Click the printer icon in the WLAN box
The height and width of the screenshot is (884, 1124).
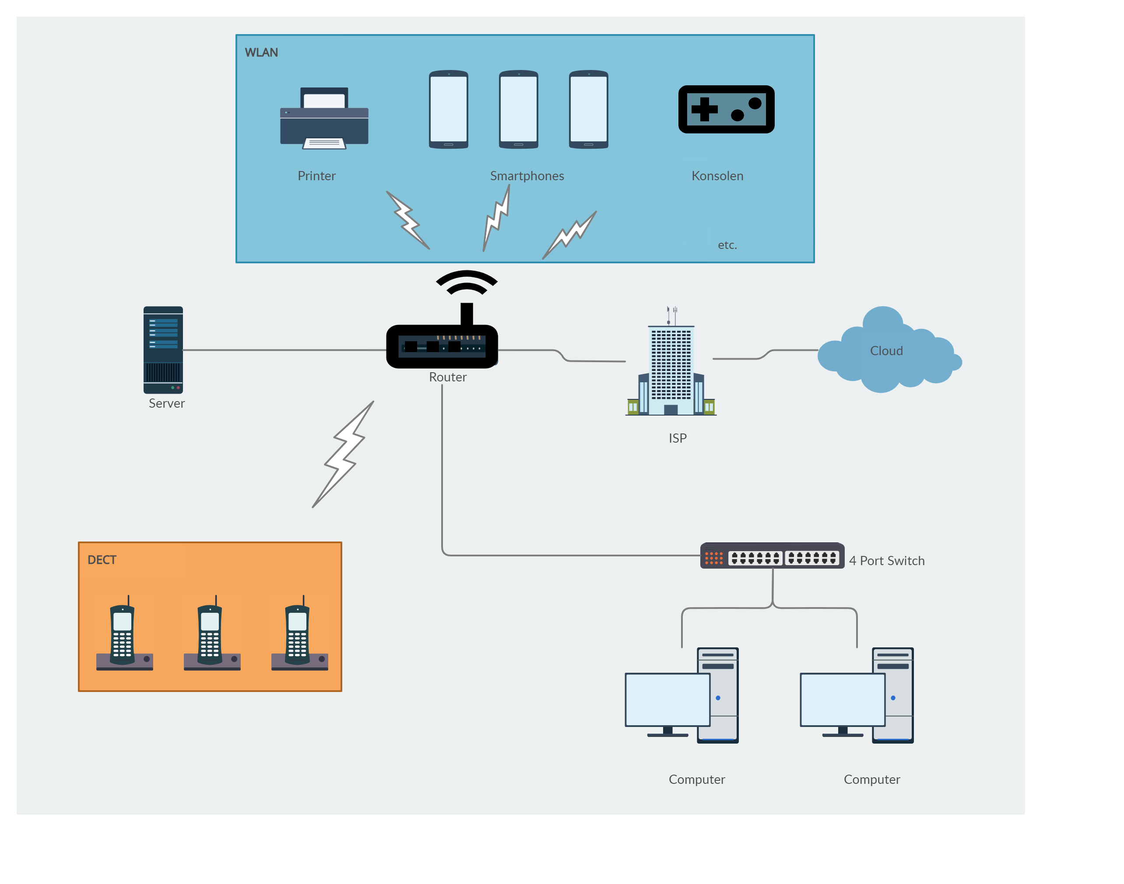324,119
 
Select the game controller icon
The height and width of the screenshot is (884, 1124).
726,109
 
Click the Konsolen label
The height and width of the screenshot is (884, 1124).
717,176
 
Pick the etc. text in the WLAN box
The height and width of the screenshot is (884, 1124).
727,245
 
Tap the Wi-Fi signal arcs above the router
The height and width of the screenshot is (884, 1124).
466,283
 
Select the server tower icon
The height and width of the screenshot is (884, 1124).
163,350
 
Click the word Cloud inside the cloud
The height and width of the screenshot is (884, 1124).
886,351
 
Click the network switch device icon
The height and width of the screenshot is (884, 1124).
772,556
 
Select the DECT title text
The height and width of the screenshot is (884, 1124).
102,559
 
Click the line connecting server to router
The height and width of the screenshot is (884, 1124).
285,350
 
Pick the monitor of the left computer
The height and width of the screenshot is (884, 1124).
667,699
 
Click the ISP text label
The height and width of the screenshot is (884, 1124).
677,438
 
